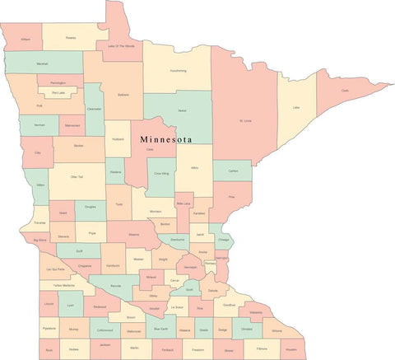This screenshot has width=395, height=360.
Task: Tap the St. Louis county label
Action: point(244,122)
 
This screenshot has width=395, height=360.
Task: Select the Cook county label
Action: point(345,91)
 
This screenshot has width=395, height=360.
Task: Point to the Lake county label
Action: point(295,108)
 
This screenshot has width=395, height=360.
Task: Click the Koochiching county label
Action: point(178,71)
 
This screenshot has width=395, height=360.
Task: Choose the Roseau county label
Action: point(71,37)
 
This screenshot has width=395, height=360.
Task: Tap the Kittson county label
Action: point(26,39)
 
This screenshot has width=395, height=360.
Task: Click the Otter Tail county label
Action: point(77,176)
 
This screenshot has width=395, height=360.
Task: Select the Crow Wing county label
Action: point(160,174)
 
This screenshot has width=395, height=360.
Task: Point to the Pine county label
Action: point(231,197)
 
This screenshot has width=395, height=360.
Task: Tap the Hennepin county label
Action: point(190,268)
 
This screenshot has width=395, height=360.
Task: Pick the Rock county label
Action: point(49,349)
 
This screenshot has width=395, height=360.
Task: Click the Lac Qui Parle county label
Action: point(56,269)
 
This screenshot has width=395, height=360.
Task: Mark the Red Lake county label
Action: point(58,93)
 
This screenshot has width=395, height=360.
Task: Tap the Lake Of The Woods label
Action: point(122,46)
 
